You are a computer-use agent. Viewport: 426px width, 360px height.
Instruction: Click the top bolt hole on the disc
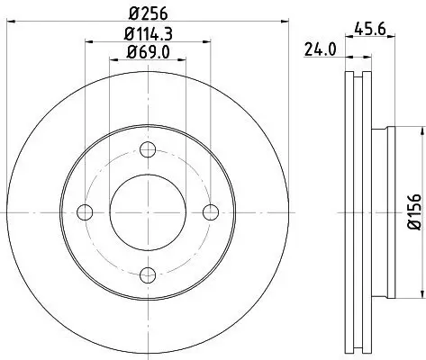(x=149, y=149)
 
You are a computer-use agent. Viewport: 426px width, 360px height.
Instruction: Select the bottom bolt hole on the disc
(x=149, y=274)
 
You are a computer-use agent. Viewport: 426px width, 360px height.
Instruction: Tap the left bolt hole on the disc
(x=86, y=212)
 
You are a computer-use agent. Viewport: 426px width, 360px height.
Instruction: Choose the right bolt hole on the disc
(x=212, y=212)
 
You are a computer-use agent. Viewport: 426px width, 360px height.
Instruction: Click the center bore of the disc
(x=149, y=212)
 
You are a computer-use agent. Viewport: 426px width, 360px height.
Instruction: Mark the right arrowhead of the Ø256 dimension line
(x=287, y=22)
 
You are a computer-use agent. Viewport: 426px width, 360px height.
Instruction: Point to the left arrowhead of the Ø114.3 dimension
(x=88, y=41)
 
